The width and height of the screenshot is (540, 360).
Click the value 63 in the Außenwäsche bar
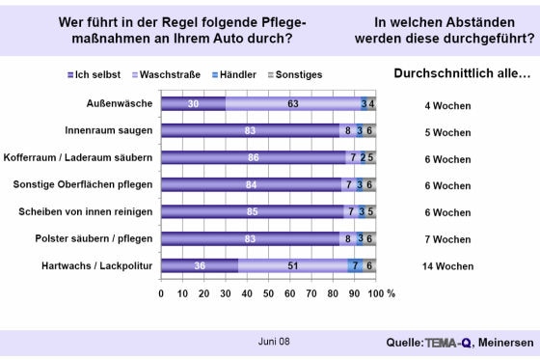coord(287,104)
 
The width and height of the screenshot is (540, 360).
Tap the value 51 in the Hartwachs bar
coord(293,265)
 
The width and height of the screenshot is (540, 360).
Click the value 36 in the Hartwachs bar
coord(199,265)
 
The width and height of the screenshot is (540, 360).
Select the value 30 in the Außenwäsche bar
coord(193,104)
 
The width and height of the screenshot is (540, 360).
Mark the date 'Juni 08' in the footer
coord(273,342)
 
